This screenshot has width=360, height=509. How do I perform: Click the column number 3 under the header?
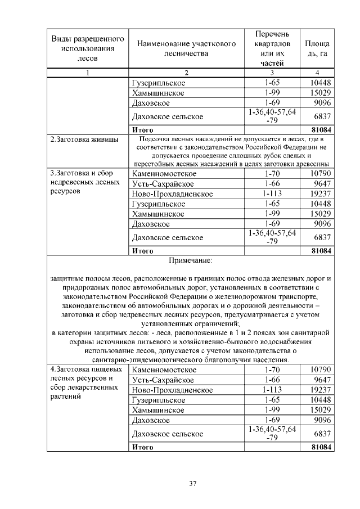(272, 73)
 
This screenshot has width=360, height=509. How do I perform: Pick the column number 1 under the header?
(88, 73)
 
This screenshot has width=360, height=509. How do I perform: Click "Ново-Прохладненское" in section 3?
(172, 193)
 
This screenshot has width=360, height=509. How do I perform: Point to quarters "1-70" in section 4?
(272, 370)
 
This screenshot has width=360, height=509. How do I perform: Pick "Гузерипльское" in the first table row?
(158, 83)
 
